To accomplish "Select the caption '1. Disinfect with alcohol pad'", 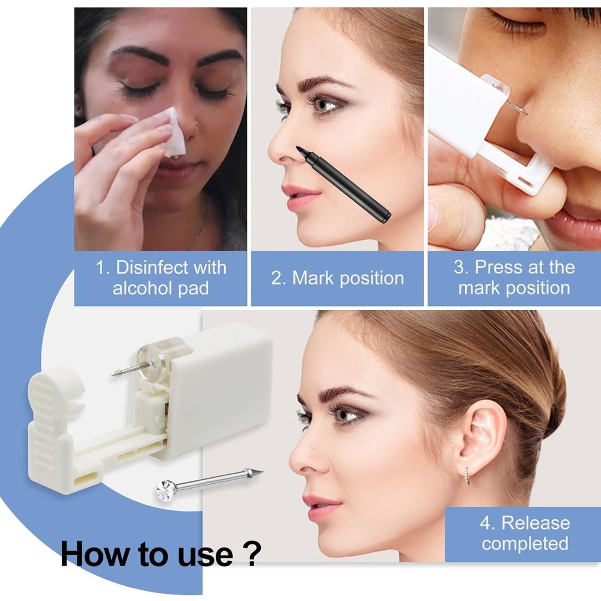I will (160, 277).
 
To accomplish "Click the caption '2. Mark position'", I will (337, 278).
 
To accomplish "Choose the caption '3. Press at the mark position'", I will (514, 277).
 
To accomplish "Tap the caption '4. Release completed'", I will (524, 532).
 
